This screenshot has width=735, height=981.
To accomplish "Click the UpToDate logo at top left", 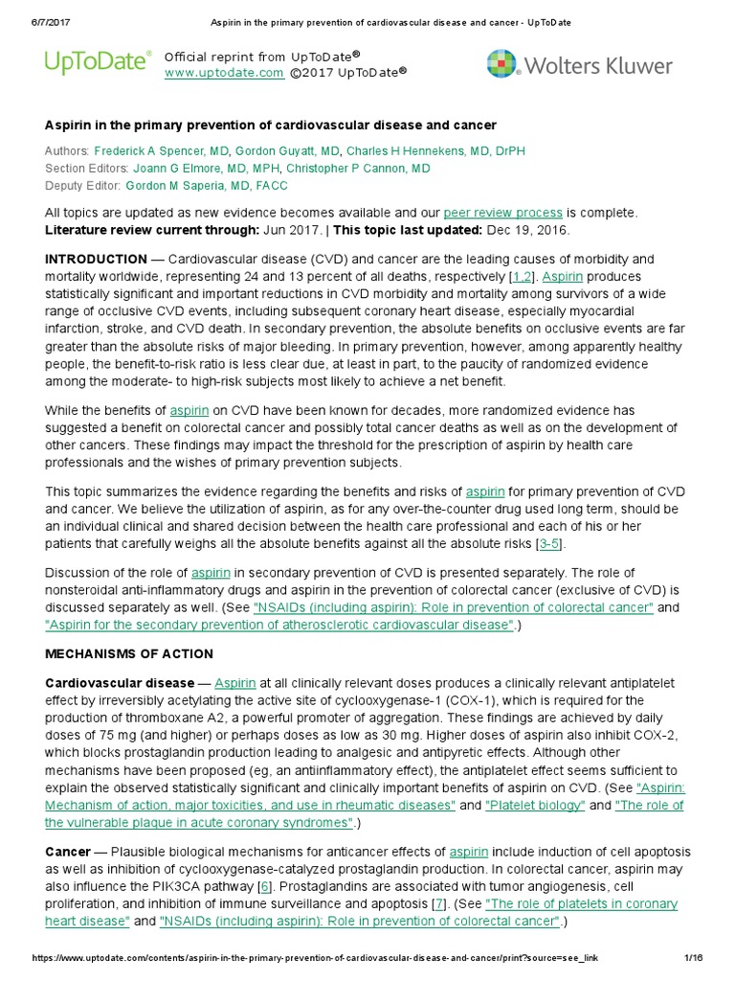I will pos(98,63).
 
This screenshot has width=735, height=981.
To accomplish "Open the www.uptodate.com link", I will pos(224,73).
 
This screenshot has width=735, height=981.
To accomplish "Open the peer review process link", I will pos(502,213).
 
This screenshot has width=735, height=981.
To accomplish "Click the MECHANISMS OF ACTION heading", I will pos(129,654).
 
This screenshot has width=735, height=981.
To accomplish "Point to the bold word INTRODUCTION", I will pos(96,260).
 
